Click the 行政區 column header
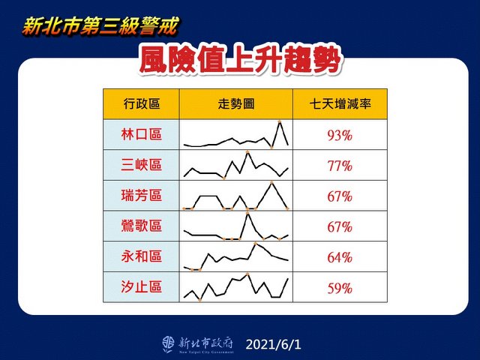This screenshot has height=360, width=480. pyautogui.click(x=142, y=103)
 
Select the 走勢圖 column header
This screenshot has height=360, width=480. pyautogui.click(x=236, y=103)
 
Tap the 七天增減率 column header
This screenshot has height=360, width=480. pyautogui.click(x=340, y=103)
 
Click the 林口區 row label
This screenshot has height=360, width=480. pyautogui.click(x=142, y=134)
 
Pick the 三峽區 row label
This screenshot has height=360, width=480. pyautogui.click(x=142, y=165)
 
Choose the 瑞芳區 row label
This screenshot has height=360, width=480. pyautogui.click(x=142, y=195)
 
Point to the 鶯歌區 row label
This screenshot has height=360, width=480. pyautogui.click(x=142, y=226)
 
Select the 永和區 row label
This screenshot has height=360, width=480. pyautogui.click(x=142, y=256)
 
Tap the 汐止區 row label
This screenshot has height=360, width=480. pyautogui.click(x=142, y=287)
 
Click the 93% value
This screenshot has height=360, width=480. pyautogui.click(x=340, y=135)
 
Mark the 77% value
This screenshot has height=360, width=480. pyautogui.click(x=340, y=166)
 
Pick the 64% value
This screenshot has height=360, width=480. pyautogui.click(x=340, y=257)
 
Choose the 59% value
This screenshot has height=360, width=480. pyautogui.click(x=340, y=288)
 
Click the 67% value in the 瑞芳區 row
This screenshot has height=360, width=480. pyautogui.click(x=340, y=196)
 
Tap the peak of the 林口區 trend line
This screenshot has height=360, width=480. pyautogui.click(x=280, y=121)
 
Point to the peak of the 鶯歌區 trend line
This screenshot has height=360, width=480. pyautogui.click(x=247, y=214)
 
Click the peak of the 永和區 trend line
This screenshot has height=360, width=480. pyautogui.click(x=256, y=244)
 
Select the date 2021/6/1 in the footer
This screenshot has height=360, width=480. pyautogui.click(x=273, y=345)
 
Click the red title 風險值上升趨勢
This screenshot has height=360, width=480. pyautogui.click(x=240, y=60)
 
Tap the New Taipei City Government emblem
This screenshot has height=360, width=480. pyautogui.click(x=168, y=344)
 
